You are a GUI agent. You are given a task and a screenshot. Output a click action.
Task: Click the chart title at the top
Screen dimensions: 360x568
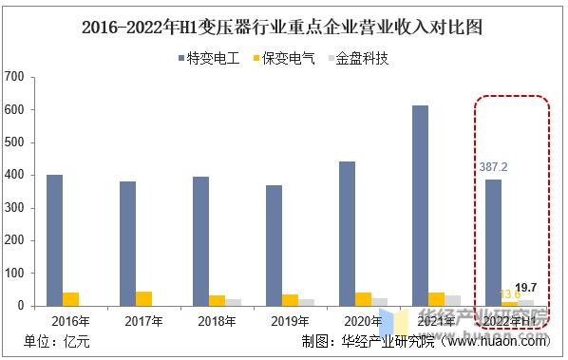[x=282, y=27]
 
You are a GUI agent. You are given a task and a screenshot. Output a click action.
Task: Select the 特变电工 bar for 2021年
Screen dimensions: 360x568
[x=420, y=205]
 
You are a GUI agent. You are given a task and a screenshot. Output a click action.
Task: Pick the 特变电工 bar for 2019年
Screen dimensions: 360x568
[x=274, y=245]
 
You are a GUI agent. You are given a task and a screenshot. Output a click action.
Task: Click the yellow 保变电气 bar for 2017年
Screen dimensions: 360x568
[x=143, y=298]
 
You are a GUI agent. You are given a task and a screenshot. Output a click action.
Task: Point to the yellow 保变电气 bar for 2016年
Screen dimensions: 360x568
[x=70, y=299]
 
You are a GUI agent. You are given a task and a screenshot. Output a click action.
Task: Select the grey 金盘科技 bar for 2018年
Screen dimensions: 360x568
[x=233, y=302]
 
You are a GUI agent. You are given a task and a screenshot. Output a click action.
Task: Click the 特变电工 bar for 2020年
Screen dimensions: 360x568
[x=347, y=234]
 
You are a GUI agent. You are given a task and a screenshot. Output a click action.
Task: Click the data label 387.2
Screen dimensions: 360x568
[x=493, y=166]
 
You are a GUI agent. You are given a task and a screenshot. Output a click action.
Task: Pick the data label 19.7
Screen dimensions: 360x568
[x=525, y=287]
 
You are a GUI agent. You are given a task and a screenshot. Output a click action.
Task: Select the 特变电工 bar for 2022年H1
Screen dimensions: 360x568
[x=493, y=242]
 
